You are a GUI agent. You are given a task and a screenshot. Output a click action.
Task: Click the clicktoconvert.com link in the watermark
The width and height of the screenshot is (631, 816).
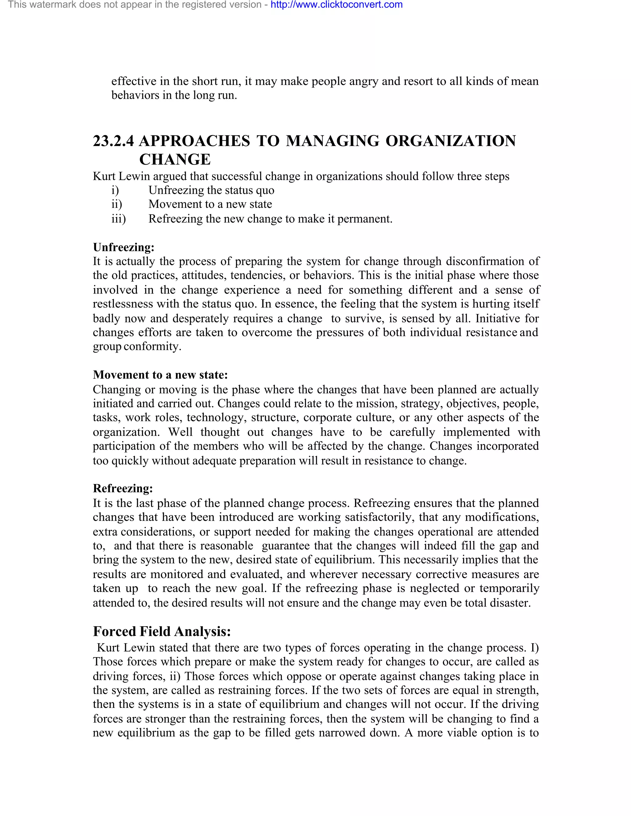(336, 5)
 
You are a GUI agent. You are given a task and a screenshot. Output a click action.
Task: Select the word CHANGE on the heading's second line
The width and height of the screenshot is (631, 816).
(175, 160)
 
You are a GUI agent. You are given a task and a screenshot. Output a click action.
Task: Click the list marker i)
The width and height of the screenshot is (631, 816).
(115, 190)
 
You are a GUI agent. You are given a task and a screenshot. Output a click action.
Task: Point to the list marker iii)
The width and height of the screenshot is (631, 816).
(119, 219)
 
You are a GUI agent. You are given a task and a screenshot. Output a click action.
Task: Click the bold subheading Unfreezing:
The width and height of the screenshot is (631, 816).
(123, 247)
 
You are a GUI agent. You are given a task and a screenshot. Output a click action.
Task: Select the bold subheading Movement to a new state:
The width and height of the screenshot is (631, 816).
(160, 375)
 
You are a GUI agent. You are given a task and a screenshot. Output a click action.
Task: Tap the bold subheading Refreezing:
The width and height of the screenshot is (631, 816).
(123, 489)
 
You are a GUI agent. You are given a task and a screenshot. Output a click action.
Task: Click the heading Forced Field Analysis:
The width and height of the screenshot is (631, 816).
(161, 632)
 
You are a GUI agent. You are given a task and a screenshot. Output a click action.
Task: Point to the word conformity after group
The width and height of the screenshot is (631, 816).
(152, 346)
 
